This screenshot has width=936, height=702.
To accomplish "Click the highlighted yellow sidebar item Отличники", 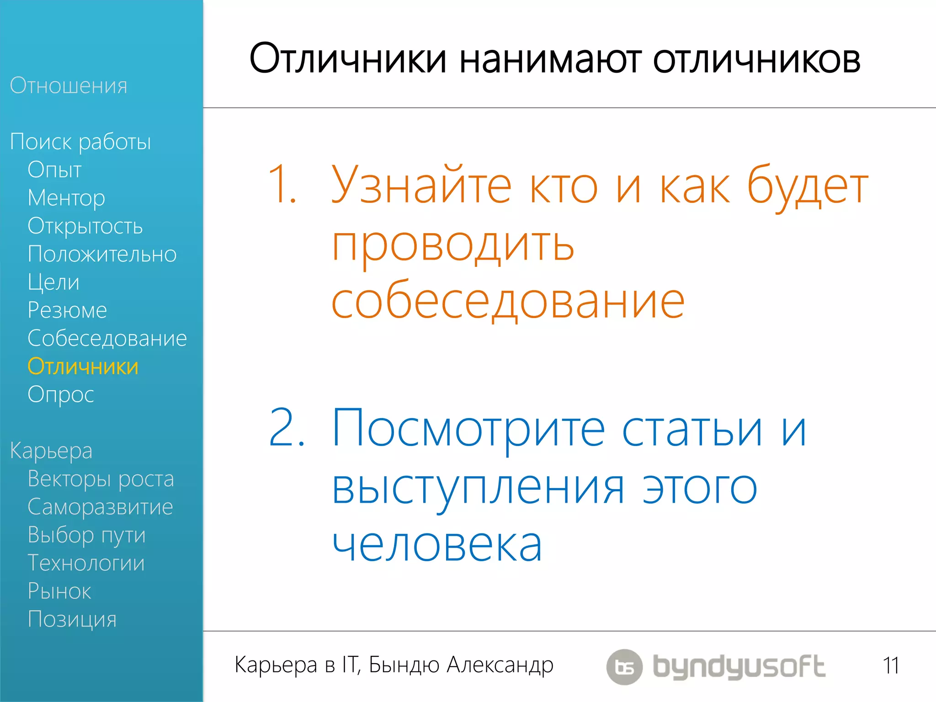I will pos(83,367).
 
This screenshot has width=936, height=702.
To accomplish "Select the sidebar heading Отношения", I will pos(69,85).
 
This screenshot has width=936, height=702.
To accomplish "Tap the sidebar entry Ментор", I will pos(66,198).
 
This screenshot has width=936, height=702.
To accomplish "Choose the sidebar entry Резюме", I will pos(67,310).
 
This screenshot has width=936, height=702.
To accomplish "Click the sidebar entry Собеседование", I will pos(107,339).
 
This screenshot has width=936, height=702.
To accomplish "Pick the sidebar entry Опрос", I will pos(61,395).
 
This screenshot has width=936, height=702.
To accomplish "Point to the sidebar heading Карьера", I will pos(51,451).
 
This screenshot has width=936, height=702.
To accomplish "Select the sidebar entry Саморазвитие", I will pos(100,507).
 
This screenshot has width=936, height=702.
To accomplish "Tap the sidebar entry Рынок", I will pos(59,591).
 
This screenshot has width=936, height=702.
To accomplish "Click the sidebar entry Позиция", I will pos(72,620).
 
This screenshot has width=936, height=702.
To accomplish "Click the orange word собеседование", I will pos(508,302).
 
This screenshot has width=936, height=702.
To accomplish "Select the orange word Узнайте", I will pos(421,185).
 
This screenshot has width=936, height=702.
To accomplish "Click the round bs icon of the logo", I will pos(624,667).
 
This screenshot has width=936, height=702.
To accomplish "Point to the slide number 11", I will pos(891,665).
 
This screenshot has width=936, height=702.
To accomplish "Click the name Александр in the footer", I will pos(500,665).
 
